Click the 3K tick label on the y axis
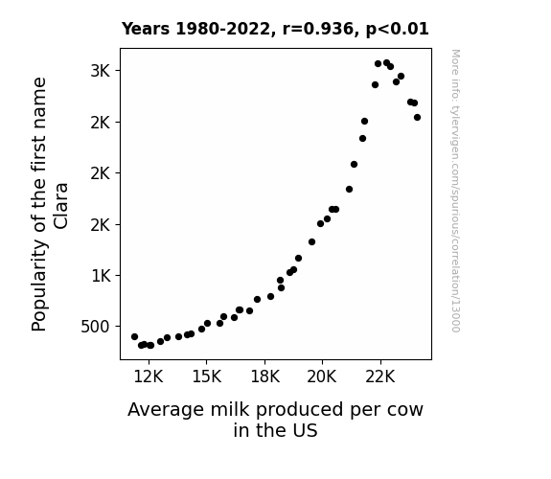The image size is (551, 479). pyautogui.click(x=101, y=71)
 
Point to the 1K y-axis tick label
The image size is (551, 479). pyautogui.click(x=101, y=276)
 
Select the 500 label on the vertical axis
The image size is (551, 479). pyautogui.click(x=95, y=327)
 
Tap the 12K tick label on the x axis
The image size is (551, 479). pyautogui.click(x=149, y=376)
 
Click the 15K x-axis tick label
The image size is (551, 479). pyautogui.click(x=207, y=376)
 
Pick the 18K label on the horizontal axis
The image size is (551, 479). pyautogui.click(x=264, y=376)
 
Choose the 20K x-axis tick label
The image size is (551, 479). pyautogui.click(x=322, y=376)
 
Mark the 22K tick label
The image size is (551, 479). pyautogui.click(x=380, y=376)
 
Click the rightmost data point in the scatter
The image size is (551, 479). pyautogui.click(x=417, y=118)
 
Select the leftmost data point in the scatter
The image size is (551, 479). pyautogui.click(x=134, y=336)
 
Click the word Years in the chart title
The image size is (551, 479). pyautogui.click(x=146, y=29)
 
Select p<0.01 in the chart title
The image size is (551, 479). pyautogui.click(x=398, y=29)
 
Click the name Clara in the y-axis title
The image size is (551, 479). pyautogui.click(x=60, y=206)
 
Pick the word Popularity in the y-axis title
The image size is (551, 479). pyautogui.click(x=38, y=285)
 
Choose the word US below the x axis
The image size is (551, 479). pyautogui.click(x=306, y=430)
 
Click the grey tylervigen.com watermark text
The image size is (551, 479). pyautogui.click(x=455, y=191)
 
